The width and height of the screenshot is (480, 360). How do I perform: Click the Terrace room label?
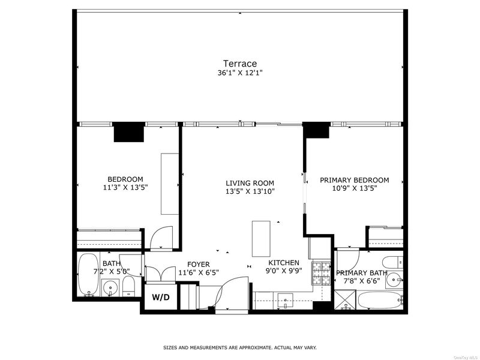pos(239,64)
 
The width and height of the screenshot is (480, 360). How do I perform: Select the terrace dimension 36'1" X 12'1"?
pos(240,73)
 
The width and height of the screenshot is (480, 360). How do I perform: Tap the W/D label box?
pos(161,297)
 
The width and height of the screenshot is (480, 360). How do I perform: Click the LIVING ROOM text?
pos(250,184)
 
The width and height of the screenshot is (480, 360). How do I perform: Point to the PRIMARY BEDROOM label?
pos(355,180)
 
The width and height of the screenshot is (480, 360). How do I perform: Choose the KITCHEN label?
pos(284,263)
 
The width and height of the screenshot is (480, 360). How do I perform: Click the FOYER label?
pos(199,264)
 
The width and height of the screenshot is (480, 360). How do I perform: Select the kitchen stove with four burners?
pos(322,273)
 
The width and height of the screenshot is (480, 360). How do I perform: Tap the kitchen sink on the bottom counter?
pos(286,301)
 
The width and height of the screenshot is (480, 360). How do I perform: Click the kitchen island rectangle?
pos(261,239)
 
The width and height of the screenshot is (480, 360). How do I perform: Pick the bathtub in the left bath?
pos(88,275)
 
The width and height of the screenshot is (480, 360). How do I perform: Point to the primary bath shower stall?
pos(345,299)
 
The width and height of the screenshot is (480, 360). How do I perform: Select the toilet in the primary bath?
pos(393,262)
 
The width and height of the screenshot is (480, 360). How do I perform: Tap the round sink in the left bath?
pos(109,288)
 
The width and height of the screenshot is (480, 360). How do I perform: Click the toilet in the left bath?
pos(128,287)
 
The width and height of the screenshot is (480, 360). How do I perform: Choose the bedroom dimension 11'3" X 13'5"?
pos(125,187)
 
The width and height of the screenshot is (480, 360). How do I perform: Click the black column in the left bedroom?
pos(129,132)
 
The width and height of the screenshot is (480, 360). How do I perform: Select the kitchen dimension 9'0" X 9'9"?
pos(284,271)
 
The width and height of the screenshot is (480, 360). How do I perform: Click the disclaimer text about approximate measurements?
pos(240,348)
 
